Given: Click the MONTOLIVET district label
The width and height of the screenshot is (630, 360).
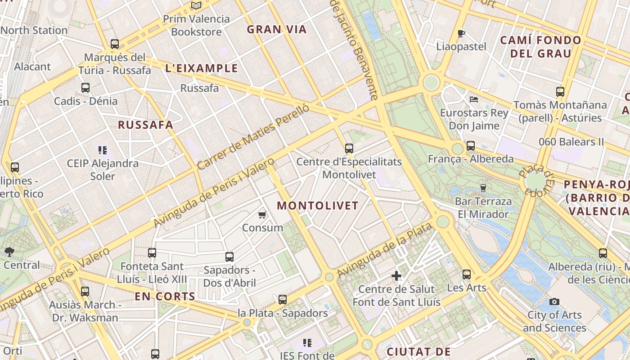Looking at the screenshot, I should tap(318, 206).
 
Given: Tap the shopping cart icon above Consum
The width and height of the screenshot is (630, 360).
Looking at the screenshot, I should tap(262, 215).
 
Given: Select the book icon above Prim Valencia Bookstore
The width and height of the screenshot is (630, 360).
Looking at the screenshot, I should tap(196, 5).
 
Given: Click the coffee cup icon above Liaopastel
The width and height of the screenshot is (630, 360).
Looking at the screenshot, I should tap(461, 33).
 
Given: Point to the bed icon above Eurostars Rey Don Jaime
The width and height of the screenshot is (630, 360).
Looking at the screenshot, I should tap(473, 99).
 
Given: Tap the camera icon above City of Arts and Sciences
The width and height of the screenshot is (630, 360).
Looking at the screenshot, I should tap(554, 301).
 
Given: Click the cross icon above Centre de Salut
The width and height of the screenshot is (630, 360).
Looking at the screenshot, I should tap(396, 275).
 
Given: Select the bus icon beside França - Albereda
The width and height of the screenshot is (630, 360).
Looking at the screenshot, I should tap(470, 146).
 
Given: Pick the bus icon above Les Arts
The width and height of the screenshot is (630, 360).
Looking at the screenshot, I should tap(467, 274).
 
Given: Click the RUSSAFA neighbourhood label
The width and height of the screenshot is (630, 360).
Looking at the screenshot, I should tap(145, 125).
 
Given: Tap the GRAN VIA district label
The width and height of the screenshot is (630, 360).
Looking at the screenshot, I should tap(277, 30).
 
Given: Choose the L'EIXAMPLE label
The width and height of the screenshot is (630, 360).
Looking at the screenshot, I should tap(202, 68).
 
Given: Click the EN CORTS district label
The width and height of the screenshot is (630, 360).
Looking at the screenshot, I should tap(165, 297).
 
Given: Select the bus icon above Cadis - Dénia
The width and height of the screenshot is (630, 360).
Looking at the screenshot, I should tap(85, 88).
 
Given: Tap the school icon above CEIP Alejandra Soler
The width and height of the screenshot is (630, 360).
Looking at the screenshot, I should tap(103, 150).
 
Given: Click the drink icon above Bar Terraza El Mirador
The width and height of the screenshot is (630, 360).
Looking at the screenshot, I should tap(484, 188).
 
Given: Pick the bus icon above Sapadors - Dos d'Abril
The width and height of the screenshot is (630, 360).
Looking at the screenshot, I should tap(229, 257).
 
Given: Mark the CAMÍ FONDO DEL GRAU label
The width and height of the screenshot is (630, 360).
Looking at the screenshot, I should tap(540, 47).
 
